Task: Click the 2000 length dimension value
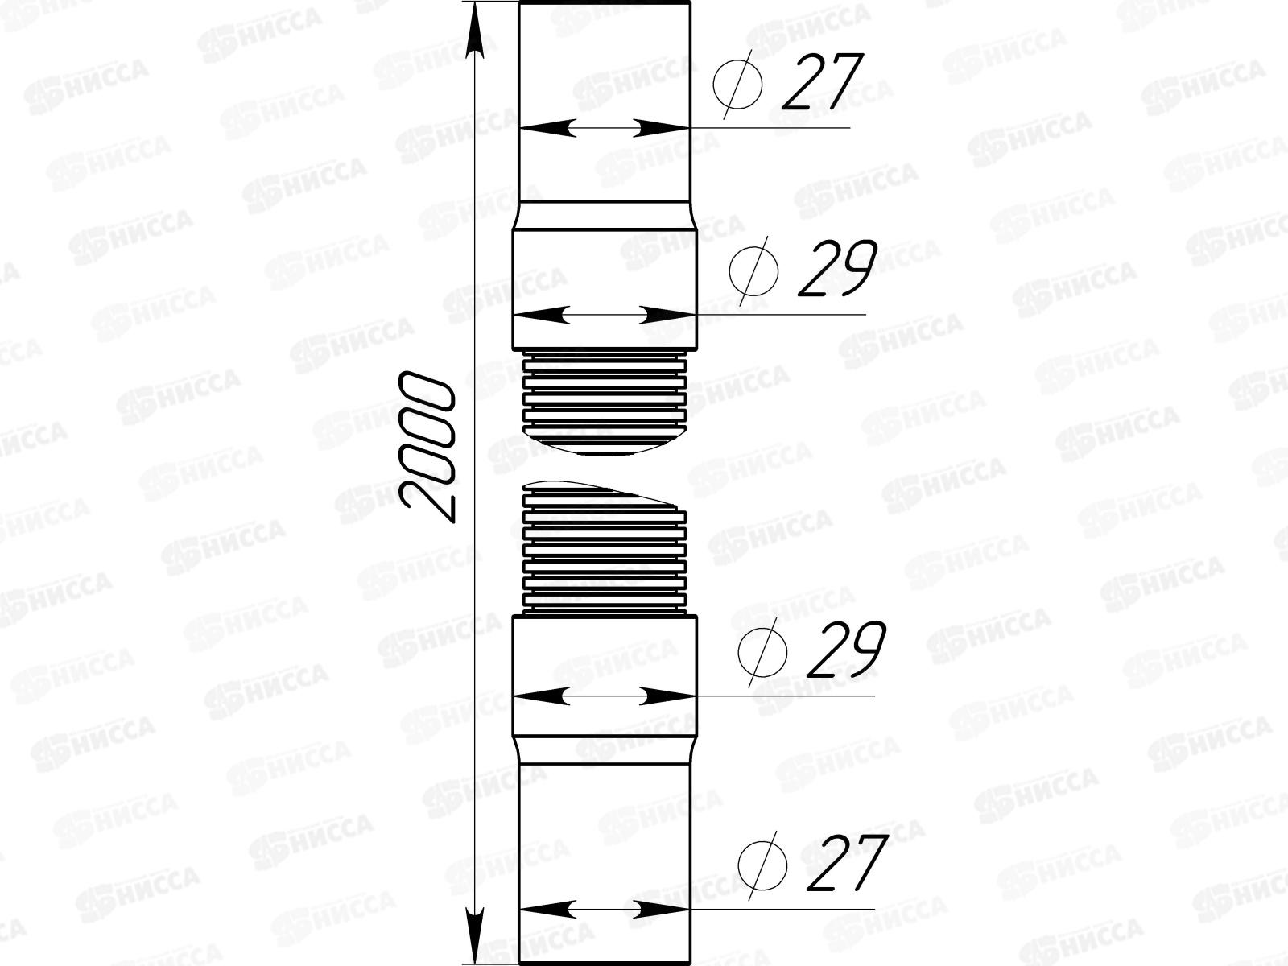(x=427, y=448)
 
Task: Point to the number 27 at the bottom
(x=845, y=864)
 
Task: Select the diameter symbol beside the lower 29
(x=762, y=650)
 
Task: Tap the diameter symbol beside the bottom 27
(x=762, y=865)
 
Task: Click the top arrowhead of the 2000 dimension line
(x=477, y=28)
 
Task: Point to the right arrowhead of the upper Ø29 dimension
(x=668, y=315)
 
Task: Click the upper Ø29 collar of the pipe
(x=604, y=274)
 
